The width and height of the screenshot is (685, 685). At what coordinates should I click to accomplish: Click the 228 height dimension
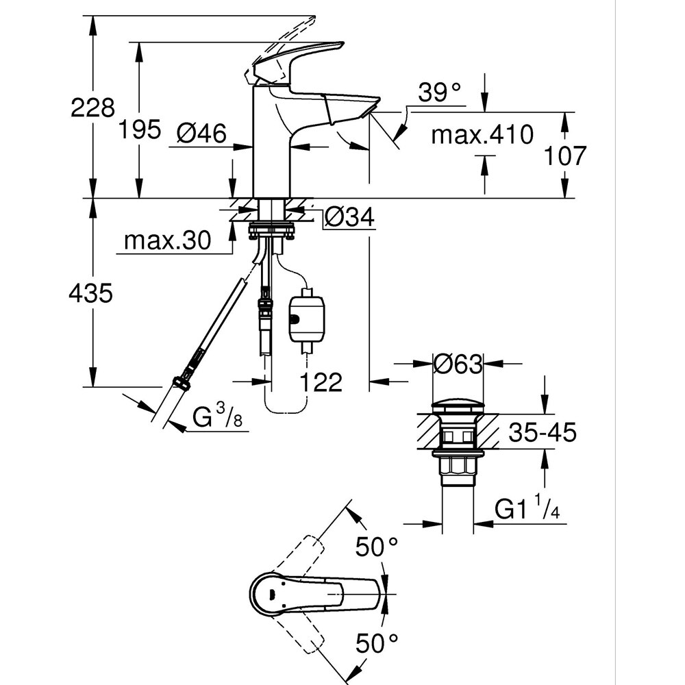[x=92, y=108]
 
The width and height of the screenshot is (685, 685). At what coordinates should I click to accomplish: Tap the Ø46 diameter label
[x=201, y=134]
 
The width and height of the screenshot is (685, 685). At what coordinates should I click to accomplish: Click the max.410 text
[x=482, y=135]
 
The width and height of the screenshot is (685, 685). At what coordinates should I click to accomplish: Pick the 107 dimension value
[x=565, y=156]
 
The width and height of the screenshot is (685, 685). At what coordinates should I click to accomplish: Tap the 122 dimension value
[x=320, y=382]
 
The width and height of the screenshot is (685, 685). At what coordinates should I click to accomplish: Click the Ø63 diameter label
[x=458, y=364]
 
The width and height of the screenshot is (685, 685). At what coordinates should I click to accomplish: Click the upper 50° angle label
[x=376, y=547]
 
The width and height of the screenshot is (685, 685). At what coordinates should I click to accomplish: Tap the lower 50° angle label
[x=376, y=643]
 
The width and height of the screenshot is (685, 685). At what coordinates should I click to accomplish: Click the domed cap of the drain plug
[x=458, y=406]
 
